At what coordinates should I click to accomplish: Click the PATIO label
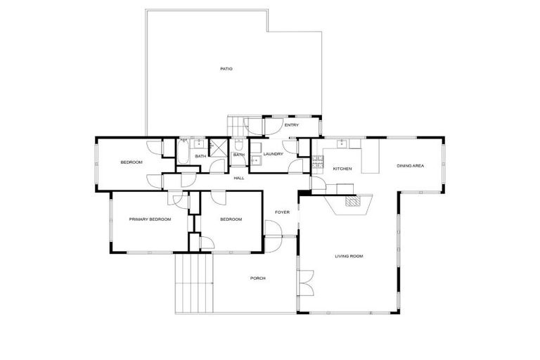(x=226, y=69)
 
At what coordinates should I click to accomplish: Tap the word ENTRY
(x=291, y=125)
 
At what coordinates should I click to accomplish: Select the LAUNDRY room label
(x=273, y=154)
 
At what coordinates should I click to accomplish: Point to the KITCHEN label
(x=342, y=169)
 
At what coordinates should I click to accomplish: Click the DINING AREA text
(x=410, y=166)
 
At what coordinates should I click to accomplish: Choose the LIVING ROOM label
(x=349, y=256)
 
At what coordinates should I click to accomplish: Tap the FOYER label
(x=282, y=212)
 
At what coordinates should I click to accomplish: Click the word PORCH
(x=257, y=278)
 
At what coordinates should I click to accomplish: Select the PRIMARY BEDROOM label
(x=150, y=219)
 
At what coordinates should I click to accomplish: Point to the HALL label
(x=239, y=178)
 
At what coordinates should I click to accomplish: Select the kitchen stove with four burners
(x=317, y=162)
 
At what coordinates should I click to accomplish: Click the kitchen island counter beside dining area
(x=370, y=157)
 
